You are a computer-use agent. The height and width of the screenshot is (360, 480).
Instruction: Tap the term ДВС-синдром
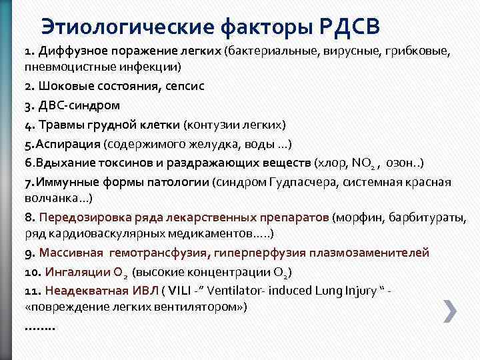[78, 105]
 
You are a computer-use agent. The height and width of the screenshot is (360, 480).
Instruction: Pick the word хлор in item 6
[332, 163]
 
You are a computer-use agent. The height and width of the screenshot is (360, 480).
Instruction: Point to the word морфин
[363, 217]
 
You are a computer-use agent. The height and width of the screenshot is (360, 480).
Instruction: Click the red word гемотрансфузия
[167, 253]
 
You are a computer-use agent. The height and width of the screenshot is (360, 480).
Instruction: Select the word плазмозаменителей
[376, 253]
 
